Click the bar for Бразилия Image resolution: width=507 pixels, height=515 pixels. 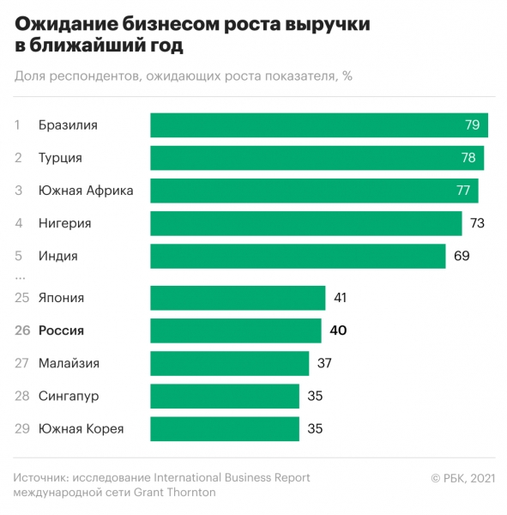(x=319, y=125)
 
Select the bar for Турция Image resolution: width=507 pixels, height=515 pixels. (x=317, y=158)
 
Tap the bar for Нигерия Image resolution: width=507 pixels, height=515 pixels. (x=306, y=223)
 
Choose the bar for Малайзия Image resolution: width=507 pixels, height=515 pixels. (x=229, y=363)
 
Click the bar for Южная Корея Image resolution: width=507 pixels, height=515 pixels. (x=225, y=428)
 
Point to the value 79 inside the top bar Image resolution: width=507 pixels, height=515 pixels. (x=472, y=125)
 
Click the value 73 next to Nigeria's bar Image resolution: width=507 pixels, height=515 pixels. (x=478, y=223)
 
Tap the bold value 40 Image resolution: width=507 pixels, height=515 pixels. (x=337, y=330)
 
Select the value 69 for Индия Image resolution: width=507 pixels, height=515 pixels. (x=462, y=256)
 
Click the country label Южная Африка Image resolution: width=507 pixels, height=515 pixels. (x=86, y=191)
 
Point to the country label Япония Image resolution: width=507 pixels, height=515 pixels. (x=61, y=298)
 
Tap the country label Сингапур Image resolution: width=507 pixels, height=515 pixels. (x=69, y=396)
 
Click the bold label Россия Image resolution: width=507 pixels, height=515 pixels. (x=61, y=330)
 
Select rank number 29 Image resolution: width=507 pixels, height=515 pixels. (x=21, y=428)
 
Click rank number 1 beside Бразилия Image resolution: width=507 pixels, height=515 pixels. (x=18, y=125)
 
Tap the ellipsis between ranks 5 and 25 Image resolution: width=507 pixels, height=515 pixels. (x=20, y=277)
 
